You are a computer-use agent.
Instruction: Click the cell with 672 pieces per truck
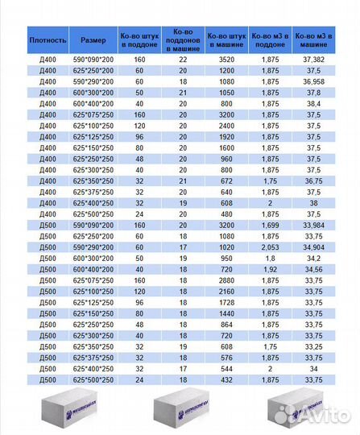pos(226,182)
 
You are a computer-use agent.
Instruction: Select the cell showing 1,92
pos(270,266)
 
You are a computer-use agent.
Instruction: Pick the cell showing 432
pos(226,378)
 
